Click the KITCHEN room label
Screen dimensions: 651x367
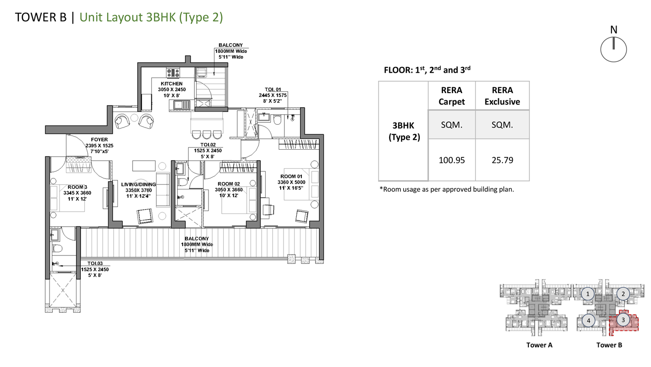(x=171, y=84)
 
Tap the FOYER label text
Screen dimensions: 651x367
(x=100, y=140)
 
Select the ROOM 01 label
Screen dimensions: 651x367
(x=291, y=176)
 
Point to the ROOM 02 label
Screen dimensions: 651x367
(x=229, y=184)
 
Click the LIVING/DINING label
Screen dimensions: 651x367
(x=139, y=185)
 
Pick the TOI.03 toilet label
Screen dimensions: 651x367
(x=95, y=264)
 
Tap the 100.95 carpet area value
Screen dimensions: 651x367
(x=451, y=160)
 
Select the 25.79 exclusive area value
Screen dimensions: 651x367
(x=502, y=160)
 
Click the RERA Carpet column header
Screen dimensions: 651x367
(x=451, y=96)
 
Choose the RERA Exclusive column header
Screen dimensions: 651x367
(x=502, y=96)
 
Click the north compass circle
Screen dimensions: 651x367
(x=614, y=49)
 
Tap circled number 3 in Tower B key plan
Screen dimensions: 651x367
(x=623, y=320)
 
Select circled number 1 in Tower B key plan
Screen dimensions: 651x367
(x=588, y=294)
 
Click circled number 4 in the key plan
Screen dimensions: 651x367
(x=589, y=321)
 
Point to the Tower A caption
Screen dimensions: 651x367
(x=539, y=345)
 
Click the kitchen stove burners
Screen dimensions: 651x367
(x=173, y=73)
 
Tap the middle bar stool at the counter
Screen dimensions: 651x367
(x=207, y=135)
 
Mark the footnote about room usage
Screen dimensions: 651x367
(x=447, y=189)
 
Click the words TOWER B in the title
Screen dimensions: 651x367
(x=41, y=17)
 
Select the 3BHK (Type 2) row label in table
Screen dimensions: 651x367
(x=404, y=131)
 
